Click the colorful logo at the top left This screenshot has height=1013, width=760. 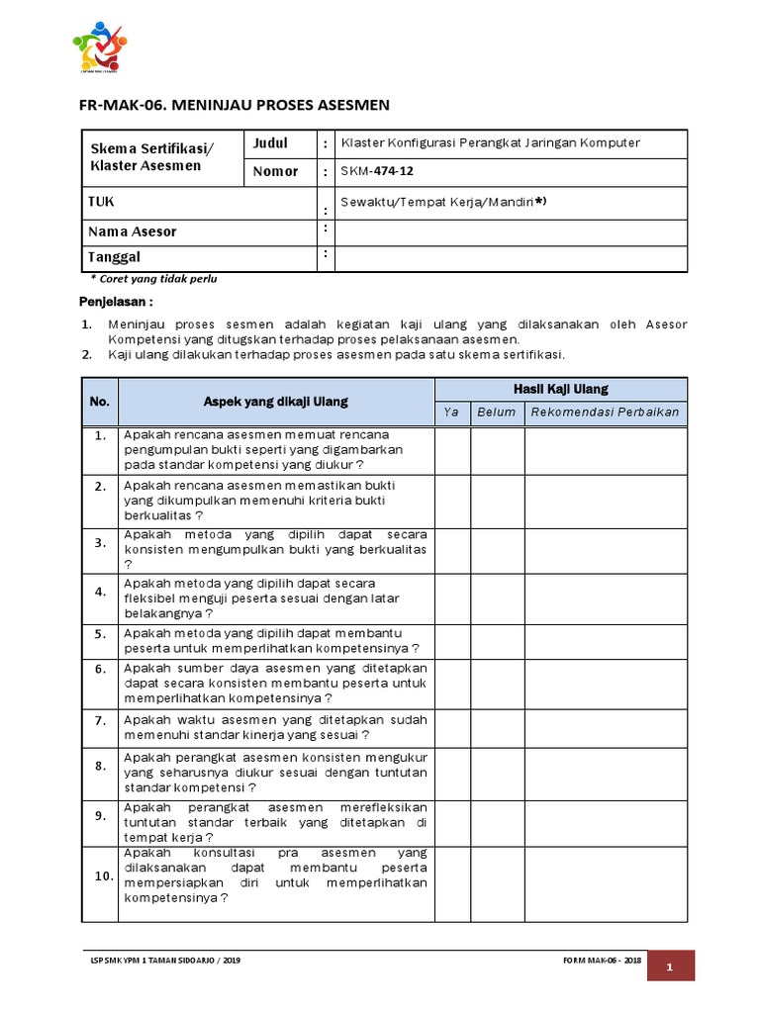(x=100, y=46)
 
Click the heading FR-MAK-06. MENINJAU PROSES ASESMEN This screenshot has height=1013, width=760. (x=234, y=104)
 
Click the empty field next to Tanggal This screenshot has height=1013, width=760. (x=511, y=258)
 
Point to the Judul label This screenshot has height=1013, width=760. (x=270, y=143)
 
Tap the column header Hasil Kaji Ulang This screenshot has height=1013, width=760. (x=560, y=389)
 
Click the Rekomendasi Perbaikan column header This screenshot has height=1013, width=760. (x=605, y=412)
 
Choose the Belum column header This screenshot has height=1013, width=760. (x=497, y=412)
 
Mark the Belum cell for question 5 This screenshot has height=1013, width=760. (x=497, y=640)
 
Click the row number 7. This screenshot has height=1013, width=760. (x=99, y=720)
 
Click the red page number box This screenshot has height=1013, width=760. (x=670, y=967)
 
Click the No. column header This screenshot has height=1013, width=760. (x=99, y=402)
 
